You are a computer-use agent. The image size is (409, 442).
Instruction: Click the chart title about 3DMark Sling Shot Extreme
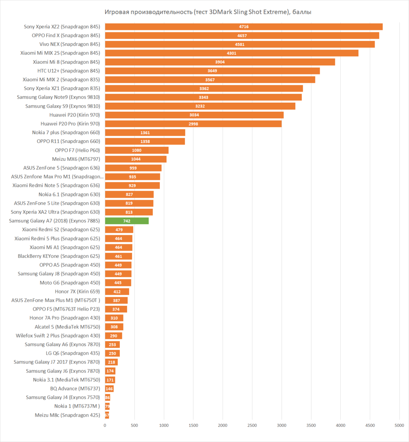point(208,12)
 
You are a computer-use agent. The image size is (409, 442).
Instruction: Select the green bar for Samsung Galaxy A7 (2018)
point(127,221)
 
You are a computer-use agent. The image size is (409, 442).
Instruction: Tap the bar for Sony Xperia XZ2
point(244,27)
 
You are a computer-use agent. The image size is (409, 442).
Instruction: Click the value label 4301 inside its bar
point(231,53)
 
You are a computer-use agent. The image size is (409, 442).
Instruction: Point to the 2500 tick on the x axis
point(252,426)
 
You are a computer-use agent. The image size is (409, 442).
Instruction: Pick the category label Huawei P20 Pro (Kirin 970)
point(70,124)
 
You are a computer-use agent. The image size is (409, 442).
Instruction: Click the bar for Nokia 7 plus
point(145,133)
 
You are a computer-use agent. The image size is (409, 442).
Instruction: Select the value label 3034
point(194,115)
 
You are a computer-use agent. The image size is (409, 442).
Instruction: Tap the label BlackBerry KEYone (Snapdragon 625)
point(59,256)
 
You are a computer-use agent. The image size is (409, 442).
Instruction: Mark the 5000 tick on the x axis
point(399,426)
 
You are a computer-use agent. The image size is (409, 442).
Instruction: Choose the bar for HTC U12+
point(212,71)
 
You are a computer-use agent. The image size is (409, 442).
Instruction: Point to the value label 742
point(127,221)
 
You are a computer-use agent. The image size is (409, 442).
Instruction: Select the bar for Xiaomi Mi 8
point(220,62)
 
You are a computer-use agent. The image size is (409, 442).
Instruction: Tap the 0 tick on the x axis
point(105,426)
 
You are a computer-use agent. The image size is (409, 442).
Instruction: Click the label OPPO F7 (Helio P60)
point(77,150)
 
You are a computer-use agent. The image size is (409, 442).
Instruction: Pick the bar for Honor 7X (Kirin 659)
point(117,291)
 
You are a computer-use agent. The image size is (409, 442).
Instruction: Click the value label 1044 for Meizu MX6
point(136,159)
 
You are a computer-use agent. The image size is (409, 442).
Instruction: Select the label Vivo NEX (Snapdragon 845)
point(70,44)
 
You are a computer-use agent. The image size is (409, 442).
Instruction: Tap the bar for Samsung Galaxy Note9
point(203,97)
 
